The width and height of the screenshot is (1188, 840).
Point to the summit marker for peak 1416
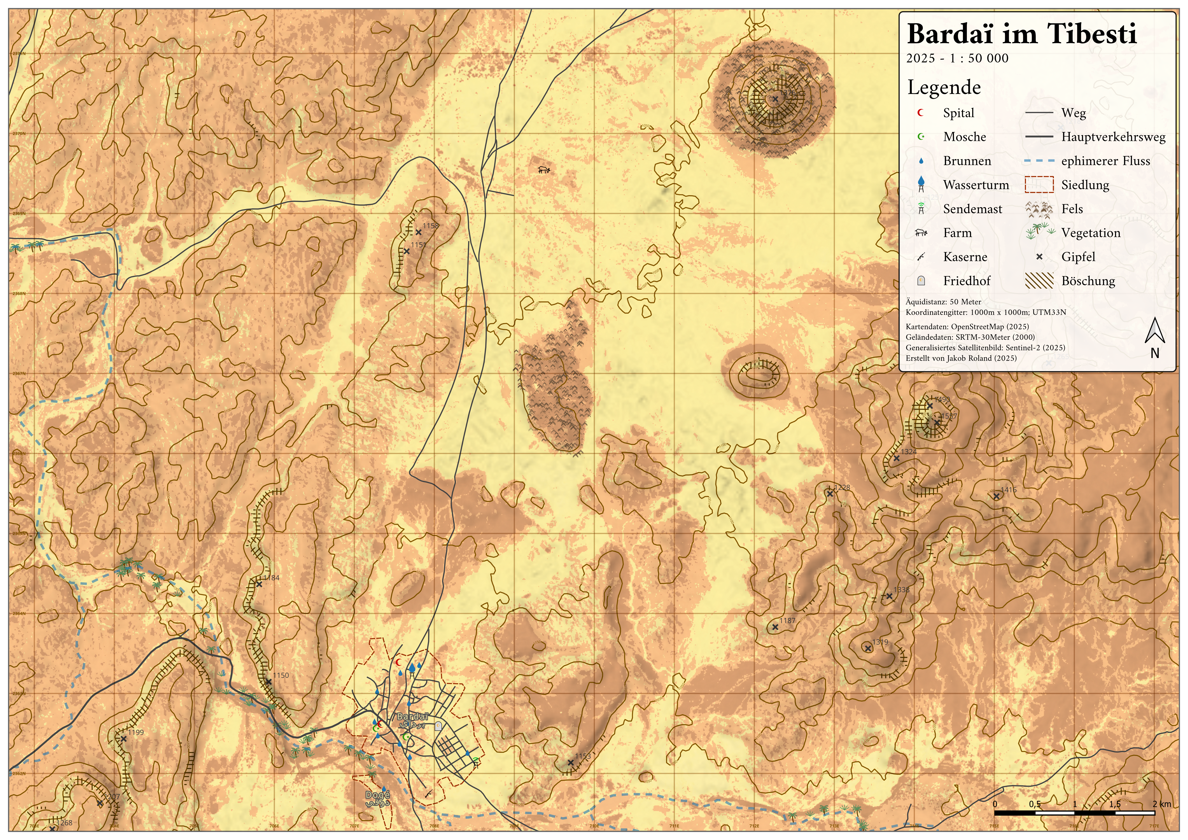(x=996, y=496)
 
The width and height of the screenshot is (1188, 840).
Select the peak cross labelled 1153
(x=570, y=762)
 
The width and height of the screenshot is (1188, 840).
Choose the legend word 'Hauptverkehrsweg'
(x=1113, y=137)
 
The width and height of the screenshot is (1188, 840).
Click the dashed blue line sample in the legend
(x=1038, y=161)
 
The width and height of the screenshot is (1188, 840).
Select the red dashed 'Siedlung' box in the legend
(x=1038, y=185)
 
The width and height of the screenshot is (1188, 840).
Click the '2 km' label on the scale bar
(x=1162, y=804)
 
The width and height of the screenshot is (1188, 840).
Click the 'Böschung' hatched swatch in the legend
(x=1038, y=281)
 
